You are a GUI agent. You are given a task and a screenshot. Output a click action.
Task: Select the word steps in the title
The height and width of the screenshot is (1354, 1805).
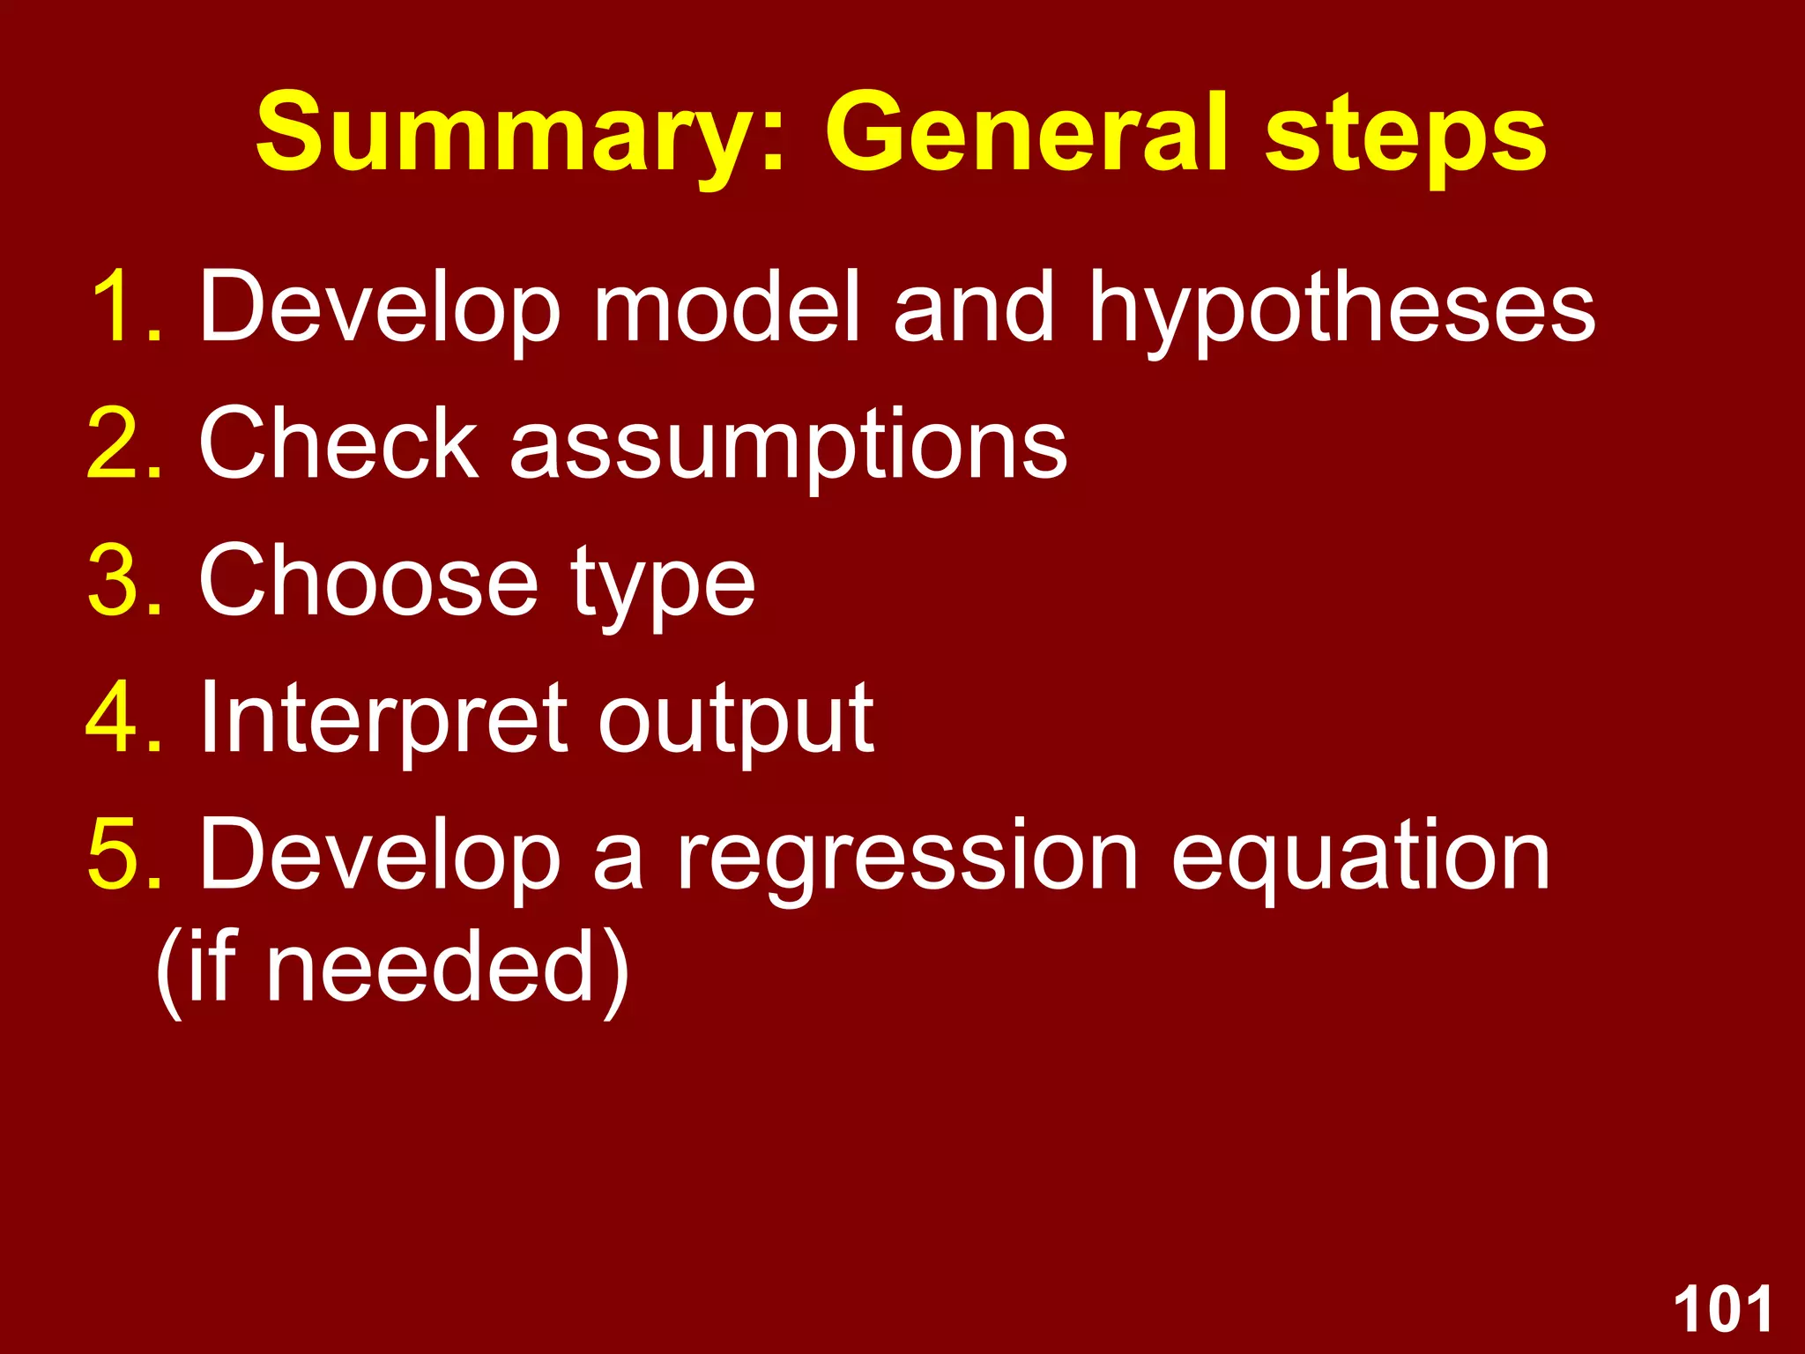pyautogui.click(x=1405, y=137)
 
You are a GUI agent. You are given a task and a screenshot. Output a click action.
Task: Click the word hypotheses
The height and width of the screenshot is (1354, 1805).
pyautogui.click(x=1341, y=309)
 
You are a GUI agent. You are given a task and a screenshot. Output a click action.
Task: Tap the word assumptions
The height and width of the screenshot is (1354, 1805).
pyautogui.click(x=788, y=445)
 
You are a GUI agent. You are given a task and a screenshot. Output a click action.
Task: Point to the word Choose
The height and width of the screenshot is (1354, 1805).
pyautogui.click(x=368, y=581)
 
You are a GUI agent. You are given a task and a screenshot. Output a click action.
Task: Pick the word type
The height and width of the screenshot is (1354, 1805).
pyautogui.click(x=662, y=586)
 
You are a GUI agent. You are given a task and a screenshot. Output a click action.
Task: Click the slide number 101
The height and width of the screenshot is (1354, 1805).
pyautogui.click(x=1722, y=1310)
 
